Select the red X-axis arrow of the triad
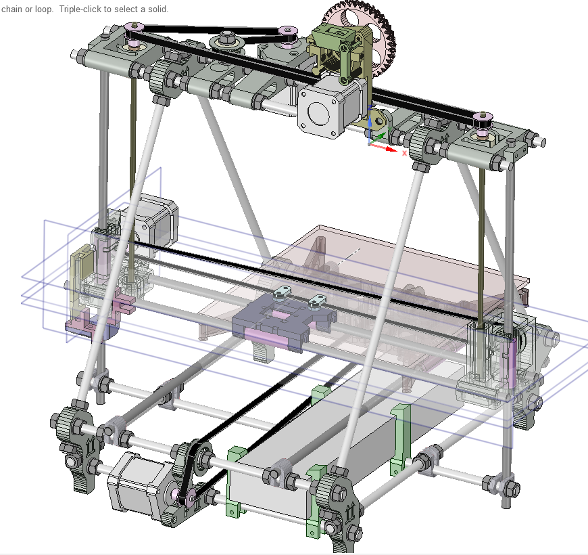(x=383, y=147)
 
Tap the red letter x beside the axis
(x=404, y=153)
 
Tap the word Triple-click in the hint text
(x=80, y=9)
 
